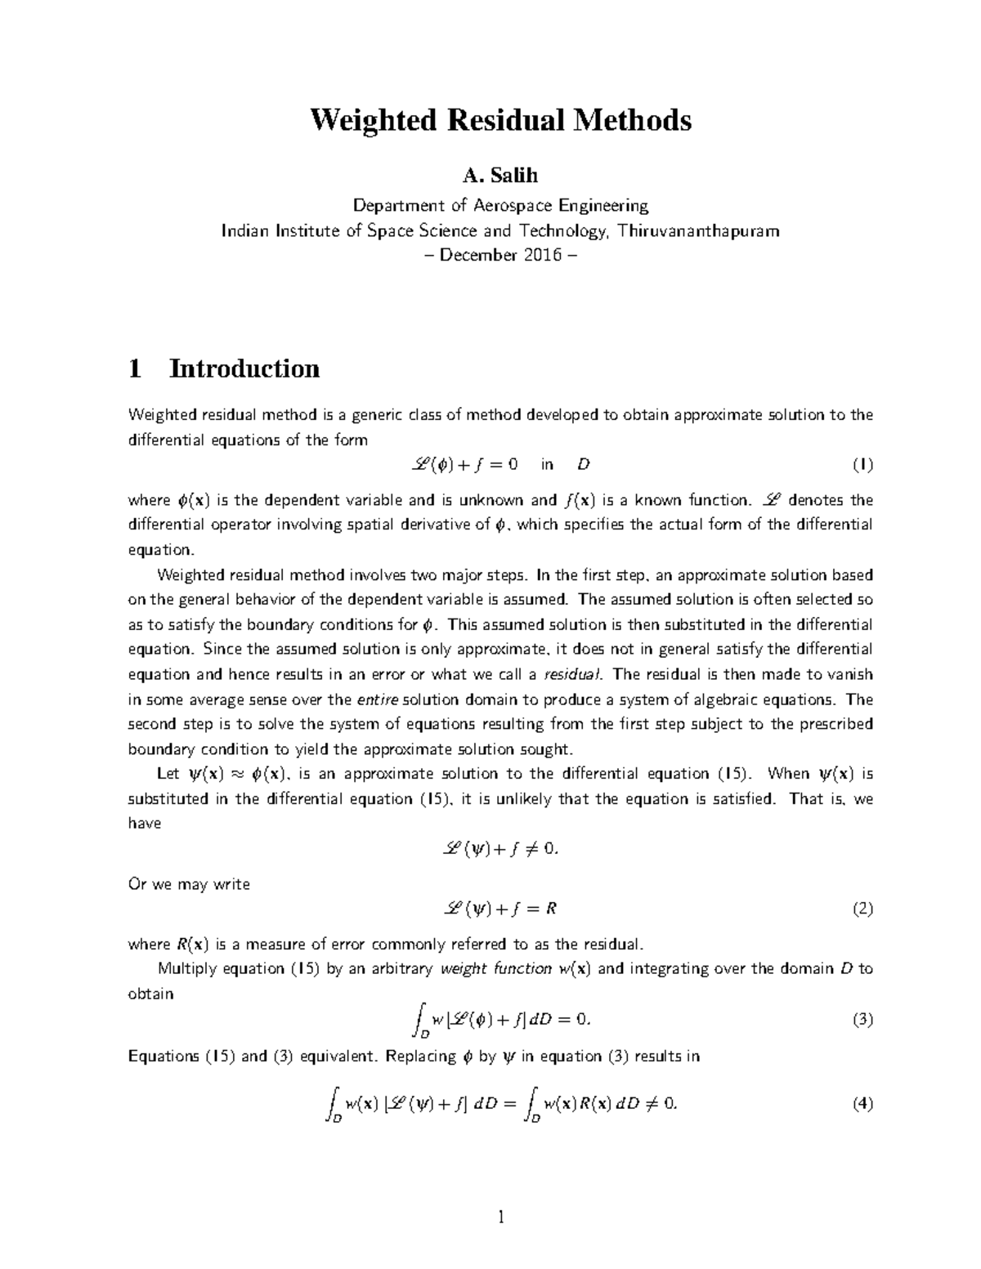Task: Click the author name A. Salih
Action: point(500,176)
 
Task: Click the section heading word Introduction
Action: point(244,369)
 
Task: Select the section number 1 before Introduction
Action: point(135,369)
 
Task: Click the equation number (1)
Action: point(862,465)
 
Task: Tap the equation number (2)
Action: point(862,909)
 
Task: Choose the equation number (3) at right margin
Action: point(862,1019)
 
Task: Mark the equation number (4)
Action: point(862,1104)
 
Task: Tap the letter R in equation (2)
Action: point(551,909)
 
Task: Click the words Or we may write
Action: point(189,884)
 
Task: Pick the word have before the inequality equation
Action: point(145,824)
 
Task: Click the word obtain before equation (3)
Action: point(150,994)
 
